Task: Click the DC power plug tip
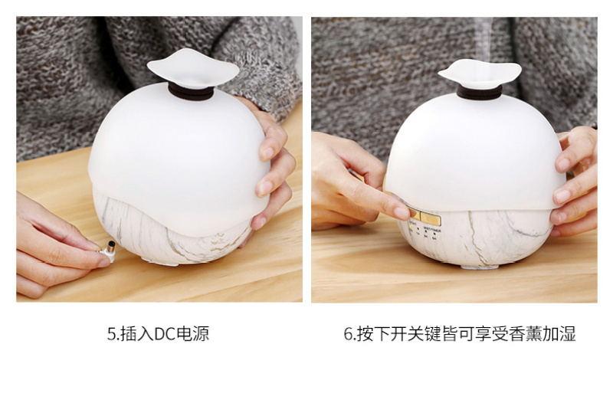[110, 247]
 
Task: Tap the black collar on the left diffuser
[191, 92]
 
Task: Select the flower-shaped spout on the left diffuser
[193, 68]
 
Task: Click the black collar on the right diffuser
[480, 93]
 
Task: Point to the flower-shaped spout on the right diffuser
[480, 74]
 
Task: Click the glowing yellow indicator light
[411, 227]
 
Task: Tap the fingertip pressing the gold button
[402, 213]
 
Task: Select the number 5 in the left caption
[111, 334]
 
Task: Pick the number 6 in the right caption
[348, 334]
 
